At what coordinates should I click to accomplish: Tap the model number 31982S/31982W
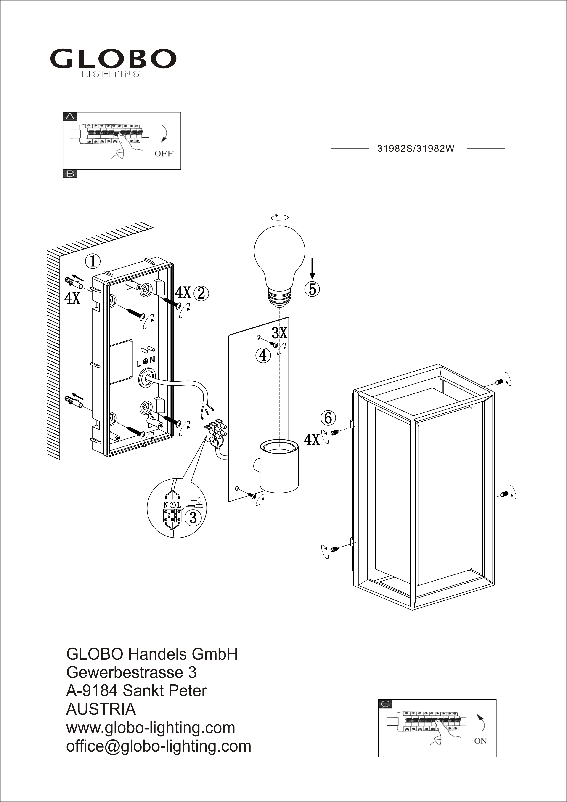[416, 149]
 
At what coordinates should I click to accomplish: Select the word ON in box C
[480, 741]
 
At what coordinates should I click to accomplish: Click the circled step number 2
[201, 293]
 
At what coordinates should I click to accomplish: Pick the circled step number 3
[193, 517]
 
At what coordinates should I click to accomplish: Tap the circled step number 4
[263, 355]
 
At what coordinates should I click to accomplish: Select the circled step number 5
[312, 289]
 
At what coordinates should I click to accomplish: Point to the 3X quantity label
[279, 333]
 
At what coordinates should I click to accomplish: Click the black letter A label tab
[70, 116]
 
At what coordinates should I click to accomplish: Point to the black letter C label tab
[385, 704]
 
